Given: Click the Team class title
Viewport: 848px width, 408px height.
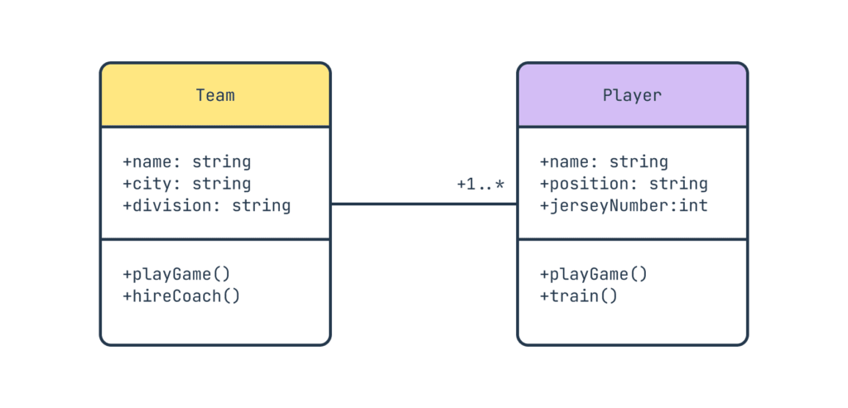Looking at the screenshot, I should [x=215, y=95].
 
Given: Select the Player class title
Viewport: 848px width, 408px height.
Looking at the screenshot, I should [x=632, y=95].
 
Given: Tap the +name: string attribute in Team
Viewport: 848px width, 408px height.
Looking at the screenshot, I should [x=186, y=161].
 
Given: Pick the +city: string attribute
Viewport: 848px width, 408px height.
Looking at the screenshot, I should [x=186, y=184].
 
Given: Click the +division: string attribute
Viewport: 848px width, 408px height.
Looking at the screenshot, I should [x=206, y=205].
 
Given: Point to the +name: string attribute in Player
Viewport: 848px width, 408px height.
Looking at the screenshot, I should [x=604, y=161].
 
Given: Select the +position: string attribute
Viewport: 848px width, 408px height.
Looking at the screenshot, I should [x=624, y=184].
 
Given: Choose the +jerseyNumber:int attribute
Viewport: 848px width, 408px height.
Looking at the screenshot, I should [x=624, y=205].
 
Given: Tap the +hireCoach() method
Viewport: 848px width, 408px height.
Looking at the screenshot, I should [x=181, y=295].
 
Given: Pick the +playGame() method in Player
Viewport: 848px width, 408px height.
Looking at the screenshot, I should [x=594, y=274].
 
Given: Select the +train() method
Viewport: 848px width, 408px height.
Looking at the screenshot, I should [x=579, y=295].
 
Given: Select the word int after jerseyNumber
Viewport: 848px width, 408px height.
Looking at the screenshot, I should [x=693, y=205].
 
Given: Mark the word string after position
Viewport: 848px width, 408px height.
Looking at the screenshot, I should [x=678, y=184].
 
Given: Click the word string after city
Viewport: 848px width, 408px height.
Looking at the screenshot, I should [x=221, y=184].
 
